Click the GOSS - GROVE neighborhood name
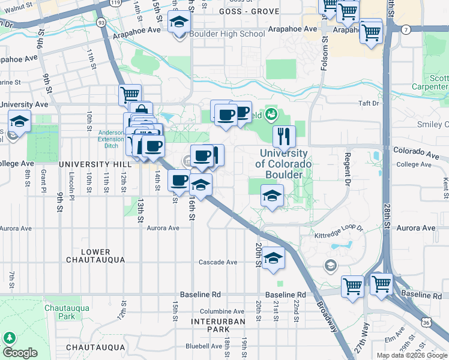[241, 11]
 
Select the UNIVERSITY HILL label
[95, 164]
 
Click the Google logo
[20, 353]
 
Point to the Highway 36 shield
[426, 322]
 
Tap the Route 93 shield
[101, 23]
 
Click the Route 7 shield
[406, 29]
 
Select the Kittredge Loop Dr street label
[339, 228]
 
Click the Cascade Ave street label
[218, 262]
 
